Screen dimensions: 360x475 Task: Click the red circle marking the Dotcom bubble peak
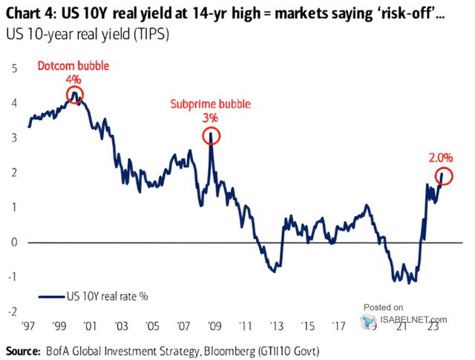click(74, 94)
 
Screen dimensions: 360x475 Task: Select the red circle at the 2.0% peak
click(444, 176)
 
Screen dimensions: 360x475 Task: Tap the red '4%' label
click(74, 79)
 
